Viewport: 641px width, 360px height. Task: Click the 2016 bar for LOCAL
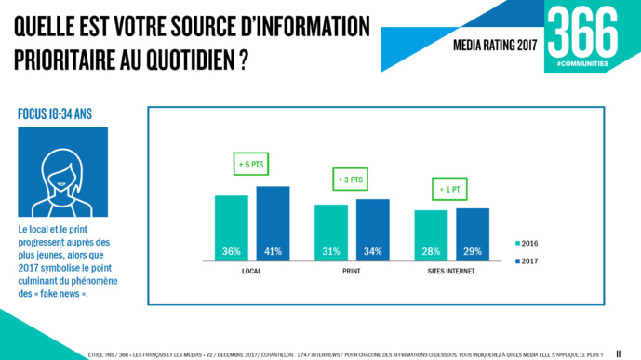pyautogui.click(x=231, y=228)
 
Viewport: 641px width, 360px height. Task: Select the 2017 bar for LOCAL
pyautogui.click(x=274, y=223)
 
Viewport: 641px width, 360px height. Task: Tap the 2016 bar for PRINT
pyautogui.click(x=330, y=233)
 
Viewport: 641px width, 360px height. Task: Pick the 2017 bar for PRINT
pyautogui.click(x=372, y=230)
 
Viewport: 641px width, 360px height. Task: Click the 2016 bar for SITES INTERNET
pyautogui.click(x=431, y=235)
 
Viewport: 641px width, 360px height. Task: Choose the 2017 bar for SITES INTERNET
pyautogui.click(x=473, y=234)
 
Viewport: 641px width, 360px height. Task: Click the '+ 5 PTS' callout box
pyautogui.click(x=251, y=164)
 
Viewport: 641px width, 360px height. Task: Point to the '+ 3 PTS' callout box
pyautogui.click(x=351, y=180)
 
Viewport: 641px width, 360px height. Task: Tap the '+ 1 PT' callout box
pyautogui.click(x=452, y=190)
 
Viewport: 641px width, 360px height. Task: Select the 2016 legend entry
pyautogui.click(x=527, y=244)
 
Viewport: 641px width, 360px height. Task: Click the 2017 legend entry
pyautogui.click(x=527, y=260)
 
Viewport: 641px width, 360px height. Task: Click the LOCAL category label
pyautogui.click(x=251, y=272)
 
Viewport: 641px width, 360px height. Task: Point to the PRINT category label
pyautogui.click(x=352, y=272)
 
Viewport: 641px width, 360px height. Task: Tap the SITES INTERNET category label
pyautogui.click(x=451, y=272)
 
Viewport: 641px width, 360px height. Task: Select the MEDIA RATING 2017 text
pyautogui.click(x=495, y=45)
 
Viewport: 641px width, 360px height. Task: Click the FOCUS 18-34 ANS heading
pyautogui.click(x=55, y=114)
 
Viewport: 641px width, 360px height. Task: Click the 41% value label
pyautogui.click(x=274, y=251)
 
